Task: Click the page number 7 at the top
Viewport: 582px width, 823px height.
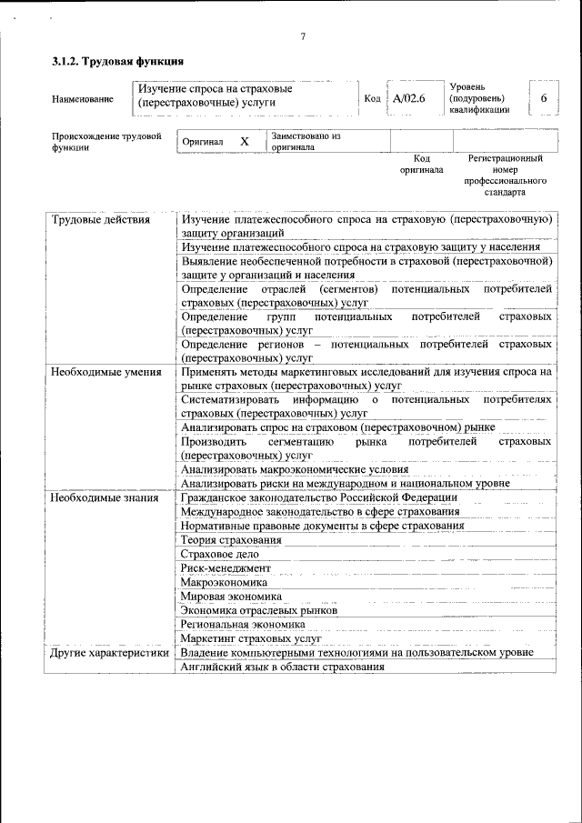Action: tap(303, 36)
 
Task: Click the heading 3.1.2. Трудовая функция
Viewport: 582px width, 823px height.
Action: tap(118, 63)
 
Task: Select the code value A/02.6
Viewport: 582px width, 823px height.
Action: tap(410, 98)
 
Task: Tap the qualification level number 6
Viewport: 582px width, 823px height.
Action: tap(543, 98)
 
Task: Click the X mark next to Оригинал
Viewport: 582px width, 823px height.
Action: tap(244, 142)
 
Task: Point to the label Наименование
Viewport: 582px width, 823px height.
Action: tap(83, 99)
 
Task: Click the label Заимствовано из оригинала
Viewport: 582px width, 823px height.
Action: tap(305, 141)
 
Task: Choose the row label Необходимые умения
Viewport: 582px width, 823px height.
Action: tap(106, 372)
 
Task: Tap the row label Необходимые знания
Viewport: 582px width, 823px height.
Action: tap(105, 497)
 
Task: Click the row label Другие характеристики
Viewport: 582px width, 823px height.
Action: tap(110, 653)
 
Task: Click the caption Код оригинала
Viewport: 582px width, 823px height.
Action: tap(421, 164)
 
